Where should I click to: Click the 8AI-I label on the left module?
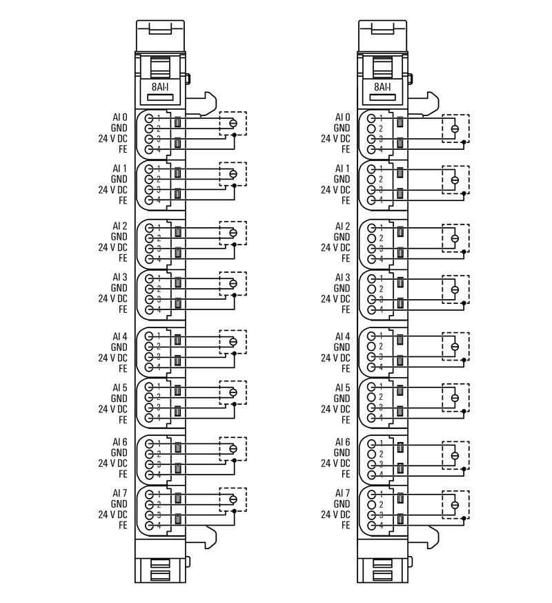pyautogui.click(x=160, y=87)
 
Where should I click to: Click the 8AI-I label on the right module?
pyautogui.click(x=382, y=87)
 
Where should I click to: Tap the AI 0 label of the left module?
pyautogui.click(x=120, y=117)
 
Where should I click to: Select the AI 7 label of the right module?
pyautogui.click(x=343, y=493)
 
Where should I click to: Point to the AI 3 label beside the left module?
pyautogui.click(x=120, y=277)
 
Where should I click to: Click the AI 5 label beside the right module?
pyautogui.click(x=343, y=387)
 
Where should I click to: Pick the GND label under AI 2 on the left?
pyautogui.click(x=119, y=237)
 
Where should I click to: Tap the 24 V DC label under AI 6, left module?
pyautogui.click(x=113, y=463)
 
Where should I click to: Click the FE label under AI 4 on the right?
pyautogui.click(x=346, y=368)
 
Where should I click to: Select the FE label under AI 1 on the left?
pyautogui.click(x=123, y=200)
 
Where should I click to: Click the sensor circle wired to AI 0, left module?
pyautogui.click(x=233, y=124)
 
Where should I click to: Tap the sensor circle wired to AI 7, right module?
pyautogui.click(x=455, y=505)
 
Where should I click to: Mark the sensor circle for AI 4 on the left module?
pyautogui.click(x=233, y=342)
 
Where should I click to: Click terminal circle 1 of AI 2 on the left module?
pyautogui.click(x=149, y=228)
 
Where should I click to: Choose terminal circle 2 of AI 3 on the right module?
pyautogui.click(x=371, y=289)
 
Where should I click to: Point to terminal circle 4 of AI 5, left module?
pyautogui.click(x=149, y=418)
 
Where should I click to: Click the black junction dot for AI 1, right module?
pyautogui.click(x=464, y=193)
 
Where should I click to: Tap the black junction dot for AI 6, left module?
pyautogui.click(x=235, y=460)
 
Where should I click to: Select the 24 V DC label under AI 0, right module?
pyautogui.click(x=336, y=138)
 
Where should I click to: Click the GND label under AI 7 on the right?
pyautogui.click(x=342, y=504)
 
